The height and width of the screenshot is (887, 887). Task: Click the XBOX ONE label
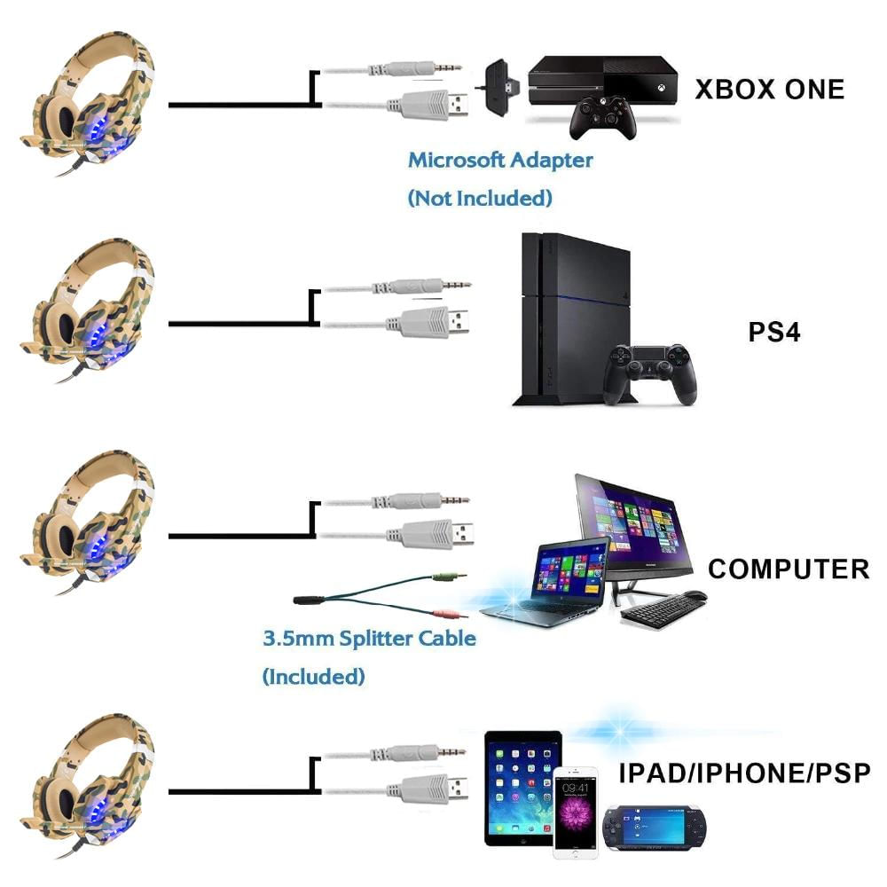769,90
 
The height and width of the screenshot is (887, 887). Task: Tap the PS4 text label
773,332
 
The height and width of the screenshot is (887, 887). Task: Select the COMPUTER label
789,569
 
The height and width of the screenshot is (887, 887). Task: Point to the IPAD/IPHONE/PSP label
744,773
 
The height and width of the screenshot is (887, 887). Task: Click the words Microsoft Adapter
500,160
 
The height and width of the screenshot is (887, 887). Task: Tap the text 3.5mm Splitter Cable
369,639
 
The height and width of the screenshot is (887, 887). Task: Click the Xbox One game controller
603,116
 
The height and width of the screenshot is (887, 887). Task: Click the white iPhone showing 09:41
576,808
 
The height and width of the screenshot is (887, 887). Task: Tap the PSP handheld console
655,828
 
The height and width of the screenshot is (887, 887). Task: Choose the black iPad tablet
522,788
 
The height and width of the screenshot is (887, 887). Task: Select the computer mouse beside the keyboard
695,595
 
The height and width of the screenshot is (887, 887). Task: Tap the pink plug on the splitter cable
449,613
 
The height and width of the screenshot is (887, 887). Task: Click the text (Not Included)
480,198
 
